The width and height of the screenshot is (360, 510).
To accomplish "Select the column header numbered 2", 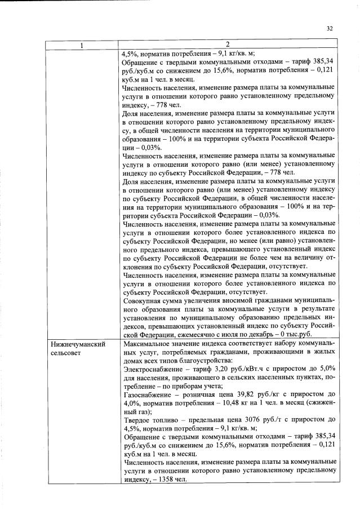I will (x=228, y=46).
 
